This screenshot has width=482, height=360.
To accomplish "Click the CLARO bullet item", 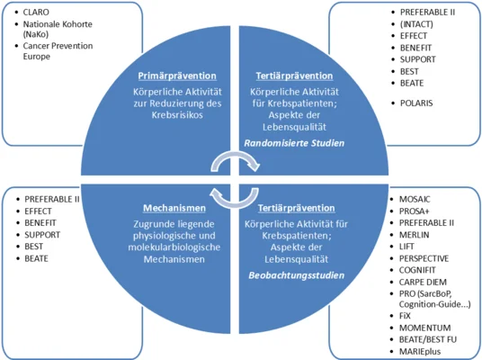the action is pyautogui.click(x=36, y=12).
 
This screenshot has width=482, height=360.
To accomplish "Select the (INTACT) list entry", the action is pyautogui.click(x=416, y=24).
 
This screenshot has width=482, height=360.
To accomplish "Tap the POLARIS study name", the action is pyautogui.click(x=416, y=103).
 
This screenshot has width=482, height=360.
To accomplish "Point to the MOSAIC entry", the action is pyautogui.click(x=415, y=200).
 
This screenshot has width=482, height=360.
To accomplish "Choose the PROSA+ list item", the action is pyautogui.click(x=414, y=211).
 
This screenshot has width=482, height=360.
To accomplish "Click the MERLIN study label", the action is pyautogui.click(x=414, y=235).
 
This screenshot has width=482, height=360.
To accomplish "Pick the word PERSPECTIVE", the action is pyautogui.click(x=424, y=258).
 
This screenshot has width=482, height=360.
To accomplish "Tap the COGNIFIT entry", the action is pyautogui.click(x=417, y=270).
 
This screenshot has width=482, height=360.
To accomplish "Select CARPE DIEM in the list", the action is pyautogui.click(x=423, y=283).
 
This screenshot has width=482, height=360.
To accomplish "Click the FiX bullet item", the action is pyautogui.click(x=405, y=316).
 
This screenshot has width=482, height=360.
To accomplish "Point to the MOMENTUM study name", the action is pyautogui.click(x=424, y=328).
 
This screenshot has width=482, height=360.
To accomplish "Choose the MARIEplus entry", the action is pyautogui.click(x=420, y=351).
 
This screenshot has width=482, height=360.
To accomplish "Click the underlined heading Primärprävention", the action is pyautogui.click(x=177, y=76).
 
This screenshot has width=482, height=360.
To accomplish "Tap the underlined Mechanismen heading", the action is pyautogui.click(x=174, y=208).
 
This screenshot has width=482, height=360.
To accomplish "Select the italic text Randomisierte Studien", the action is pyautogui.click(x=294, y=143).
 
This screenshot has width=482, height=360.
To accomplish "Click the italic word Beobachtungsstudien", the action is pyautogui.click(x=297, y=275).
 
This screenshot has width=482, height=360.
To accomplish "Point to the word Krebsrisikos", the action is pyautogui.click(x=177, y=115).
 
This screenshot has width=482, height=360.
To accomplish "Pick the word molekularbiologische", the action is pyautogui.click(x=174, y=247).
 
